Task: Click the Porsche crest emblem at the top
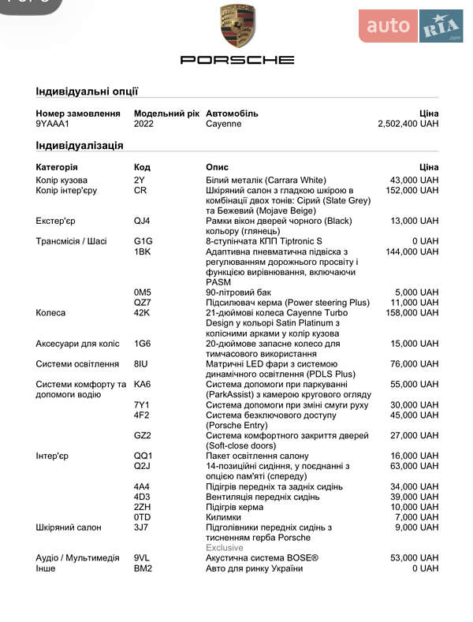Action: point(237,27)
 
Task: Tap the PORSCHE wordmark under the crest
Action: point(237,60)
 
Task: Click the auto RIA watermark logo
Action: point(411,26)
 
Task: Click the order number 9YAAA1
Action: point(53,124)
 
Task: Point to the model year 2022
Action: point(145,124)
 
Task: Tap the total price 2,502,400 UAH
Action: point(408,124)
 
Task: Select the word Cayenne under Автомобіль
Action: point(224,124)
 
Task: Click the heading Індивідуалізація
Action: point(79,145)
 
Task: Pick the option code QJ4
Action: point(143,221)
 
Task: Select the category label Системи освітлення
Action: point(76,363)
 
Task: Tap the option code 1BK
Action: point(142,251)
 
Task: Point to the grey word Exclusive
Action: point(225,547)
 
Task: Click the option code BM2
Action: point(143,568)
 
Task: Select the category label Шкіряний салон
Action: point(68,527)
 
